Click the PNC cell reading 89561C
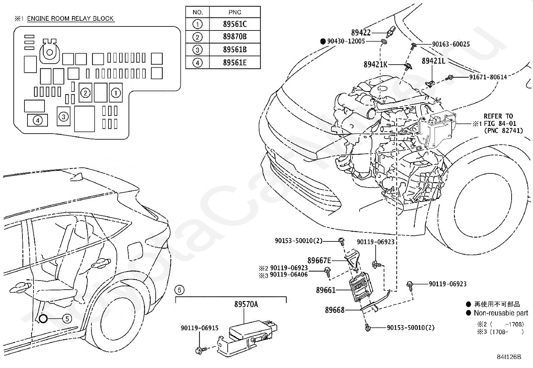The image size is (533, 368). point(235,24)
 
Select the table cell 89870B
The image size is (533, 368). point(235,36)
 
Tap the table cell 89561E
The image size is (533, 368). point(235,63)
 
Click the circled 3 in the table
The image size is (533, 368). point(197,50)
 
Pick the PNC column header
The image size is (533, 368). point(235,12)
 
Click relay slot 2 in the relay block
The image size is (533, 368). point(85,93)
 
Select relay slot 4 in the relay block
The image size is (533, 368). point(37,121)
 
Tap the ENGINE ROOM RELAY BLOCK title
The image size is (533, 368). point(70,18)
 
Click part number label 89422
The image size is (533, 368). point(361,32)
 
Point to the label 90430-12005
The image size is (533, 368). point(346,41)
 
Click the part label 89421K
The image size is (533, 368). point(376,64)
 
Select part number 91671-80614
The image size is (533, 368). point(488,77)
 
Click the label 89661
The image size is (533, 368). point(325,290)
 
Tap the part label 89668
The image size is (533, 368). point(334,310)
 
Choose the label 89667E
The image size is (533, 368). point(319,261)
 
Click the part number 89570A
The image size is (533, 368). point(246,304)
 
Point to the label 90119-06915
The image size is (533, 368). point(200,328)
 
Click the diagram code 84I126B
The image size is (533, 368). point(509,357)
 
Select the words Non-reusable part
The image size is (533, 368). point(501,313)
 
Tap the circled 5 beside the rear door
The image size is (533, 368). point(67,319)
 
